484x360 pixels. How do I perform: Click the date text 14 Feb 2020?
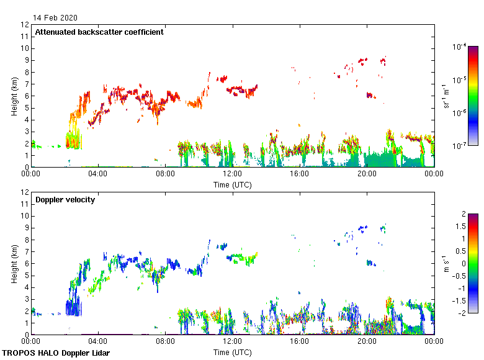(x=56, y=17)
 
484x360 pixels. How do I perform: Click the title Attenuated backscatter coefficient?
(x=99, y=32)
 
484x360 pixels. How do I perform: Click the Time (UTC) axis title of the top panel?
(x=232, y=184)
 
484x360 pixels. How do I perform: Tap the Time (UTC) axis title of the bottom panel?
(x=232, y=352)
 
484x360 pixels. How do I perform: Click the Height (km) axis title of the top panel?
(x=14, y=96)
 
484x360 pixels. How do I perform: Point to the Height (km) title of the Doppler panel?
(x=14, y=263)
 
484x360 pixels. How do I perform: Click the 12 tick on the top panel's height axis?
(x=25, y=25)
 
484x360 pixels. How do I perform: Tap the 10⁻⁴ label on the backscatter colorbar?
(x=460, y=47)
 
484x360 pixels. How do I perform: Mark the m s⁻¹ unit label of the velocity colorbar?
(x=447, y=263)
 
